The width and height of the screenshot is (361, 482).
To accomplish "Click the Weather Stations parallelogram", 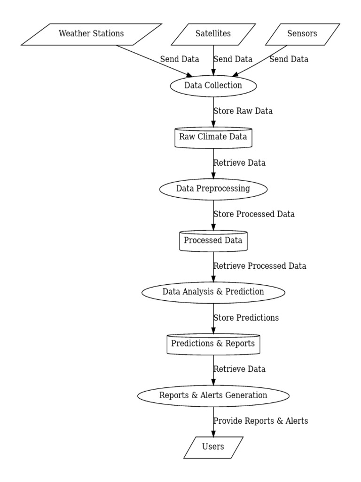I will pyautogui.click(x=91, y=34).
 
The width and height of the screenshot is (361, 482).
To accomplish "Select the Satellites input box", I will pyautogui.click(x=213, y=34).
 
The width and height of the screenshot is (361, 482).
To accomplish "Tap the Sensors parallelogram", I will pyautogui.click(x=302, y=34).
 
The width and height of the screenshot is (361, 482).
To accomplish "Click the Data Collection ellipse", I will pyautogui.click(x=213, y=86).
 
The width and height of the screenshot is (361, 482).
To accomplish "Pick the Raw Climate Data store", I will pyautogui.click(x=213, y=137).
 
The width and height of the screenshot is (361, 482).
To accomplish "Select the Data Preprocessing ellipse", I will pyautogui.click(x=213, y=189).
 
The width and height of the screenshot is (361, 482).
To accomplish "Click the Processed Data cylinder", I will pyautogui.click(x=213, y=241).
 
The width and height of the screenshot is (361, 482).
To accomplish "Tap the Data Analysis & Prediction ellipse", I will pyautogui.click(x=213, y=292).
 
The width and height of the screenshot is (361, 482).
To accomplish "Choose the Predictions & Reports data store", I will pyautogui.click(x=213, y=344).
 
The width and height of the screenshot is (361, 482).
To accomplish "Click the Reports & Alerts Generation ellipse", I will pyautogui.click(x=213, y=395).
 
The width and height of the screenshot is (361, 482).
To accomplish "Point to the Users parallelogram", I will pyautogui.click(x=213, y=447).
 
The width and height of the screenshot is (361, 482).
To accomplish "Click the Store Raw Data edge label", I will pyautogui.click(x=243, y=112).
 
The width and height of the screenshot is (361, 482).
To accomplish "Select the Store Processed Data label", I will pyautogui.click(x=254, y=214).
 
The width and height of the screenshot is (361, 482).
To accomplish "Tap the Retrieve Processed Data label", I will pyautogui.click(x=260, y=266).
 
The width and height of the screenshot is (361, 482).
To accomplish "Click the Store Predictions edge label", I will pyautogui.click(x=246, y=318).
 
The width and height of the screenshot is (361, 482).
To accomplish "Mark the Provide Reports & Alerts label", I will pyautogui.click(x=261, y=421).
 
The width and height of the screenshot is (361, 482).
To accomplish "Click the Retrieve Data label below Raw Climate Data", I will pyautogui.click(x=240, y=163).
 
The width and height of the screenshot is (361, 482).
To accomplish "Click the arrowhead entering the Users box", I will pyautogui.click(x=213, y=433).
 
